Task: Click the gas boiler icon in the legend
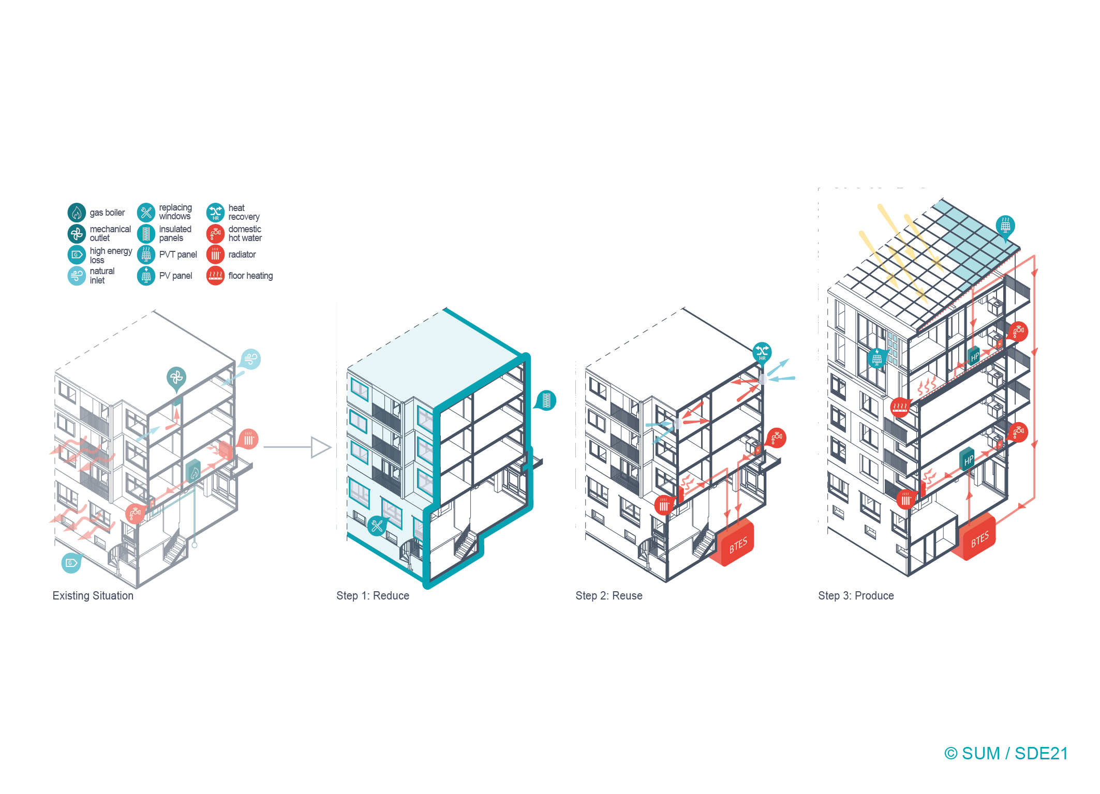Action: pos(77,212)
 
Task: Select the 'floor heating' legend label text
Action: pos(250,276)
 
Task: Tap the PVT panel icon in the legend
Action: pos(146,254)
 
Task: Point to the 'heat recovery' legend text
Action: pos(244,212)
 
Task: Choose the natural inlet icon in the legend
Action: pos(77,276)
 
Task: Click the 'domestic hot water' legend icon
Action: pos(215,234)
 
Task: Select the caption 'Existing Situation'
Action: pos(93,596)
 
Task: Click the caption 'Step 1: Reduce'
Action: pos(373,596)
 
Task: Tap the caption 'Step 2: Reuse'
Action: pos(609,596)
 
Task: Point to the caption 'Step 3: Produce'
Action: pos(856,596)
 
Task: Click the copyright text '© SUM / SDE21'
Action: pos(1006,754)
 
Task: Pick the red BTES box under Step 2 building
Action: pos(733,544)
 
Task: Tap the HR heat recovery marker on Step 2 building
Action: pos(762,353)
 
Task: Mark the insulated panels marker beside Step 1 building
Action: pos(545,400)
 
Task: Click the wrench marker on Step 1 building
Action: pos(377,526)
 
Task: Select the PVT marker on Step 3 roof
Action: pos(1005,227)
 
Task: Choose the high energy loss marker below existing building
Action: pos(71,563)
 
